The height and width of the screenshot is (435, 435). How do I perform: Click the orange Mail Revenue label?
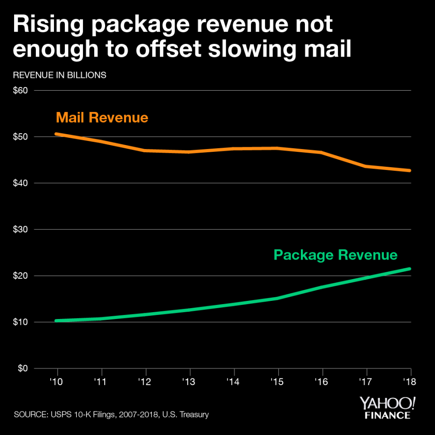click(x=102, y=118)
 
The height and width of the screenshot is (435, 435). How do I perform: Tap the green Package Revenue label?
click(x=335, y=255)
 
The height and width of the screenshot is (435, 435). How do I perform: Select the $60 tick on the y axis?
click(x=21, y=91)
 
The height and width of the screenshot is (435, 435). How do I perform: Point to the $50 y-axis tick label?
click(x=21, y=137)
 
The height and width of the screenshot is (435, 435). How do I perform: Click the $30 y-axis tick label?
click(x=21, y=230)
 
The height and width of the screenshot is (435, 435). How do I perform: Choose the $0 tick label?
click(x=23, y=368)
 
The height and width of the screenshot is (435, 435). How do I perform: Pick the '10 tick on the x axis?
click(x=56, y=382)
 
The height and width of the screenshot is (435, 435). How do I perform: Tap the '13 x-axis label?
click(x=189, y=382)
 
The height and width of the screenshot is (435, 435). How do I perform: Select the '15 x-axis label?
click(x=278, y=382)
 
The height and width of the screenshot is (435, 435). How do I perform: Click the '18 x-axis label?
click(x=410, y=382)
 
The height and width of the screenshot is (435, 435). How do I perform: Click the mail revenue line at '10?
click(x=56, y=134)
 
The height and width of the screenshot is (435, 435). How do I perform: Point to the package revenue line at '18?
click(x=410, y=269)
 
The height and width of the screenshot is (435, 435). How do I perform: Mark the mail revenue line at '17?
click(x=366, y=166)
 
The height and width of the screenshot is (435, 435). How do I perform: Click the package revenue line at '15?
click(x=277, y=298)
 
